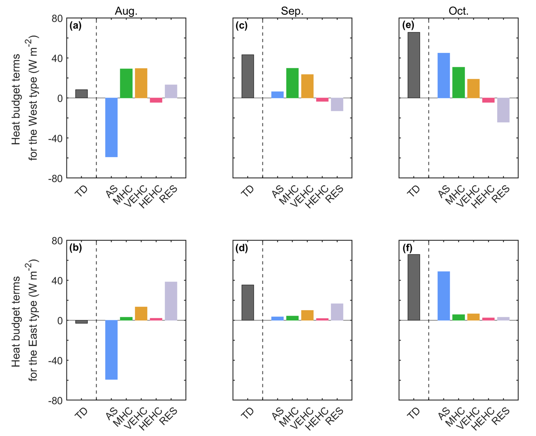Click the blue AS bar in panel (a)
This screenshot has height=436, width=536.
click(111, 127)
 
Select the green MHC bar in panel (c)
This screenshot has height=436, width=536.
click(292, 83)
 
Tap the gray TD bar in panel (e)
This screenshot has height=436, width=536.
click(413, 65)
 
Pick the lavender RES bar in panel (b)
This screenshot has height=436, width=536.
click(171, 301)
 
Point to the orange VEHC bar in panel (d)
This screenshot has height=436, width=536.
click(307, 315)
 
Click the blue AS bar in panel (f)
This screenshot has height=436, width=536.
click(443, 296)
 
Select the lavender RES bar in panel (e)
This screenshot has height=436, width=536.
click(503, 110)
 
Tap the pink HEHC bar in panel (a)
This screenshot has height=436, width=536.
click(156, 100)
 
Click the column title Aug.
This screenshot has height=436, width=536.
click(126, 11)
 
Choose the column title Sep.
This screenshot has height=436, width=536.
click(292, 11)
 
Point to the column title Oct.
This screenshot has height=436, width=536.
click(458, 11)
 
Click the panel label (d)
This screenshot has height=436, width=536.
click(241, 248)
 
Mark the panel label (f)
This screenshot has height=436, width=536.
click(407, 248)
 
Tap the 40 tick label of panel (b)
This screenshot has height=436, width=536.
click(57, 281)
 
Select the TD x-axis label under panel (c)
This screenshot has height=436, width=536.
click(248, 191)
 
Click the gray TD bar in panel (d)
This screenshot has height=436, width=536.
click(248, 302)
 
